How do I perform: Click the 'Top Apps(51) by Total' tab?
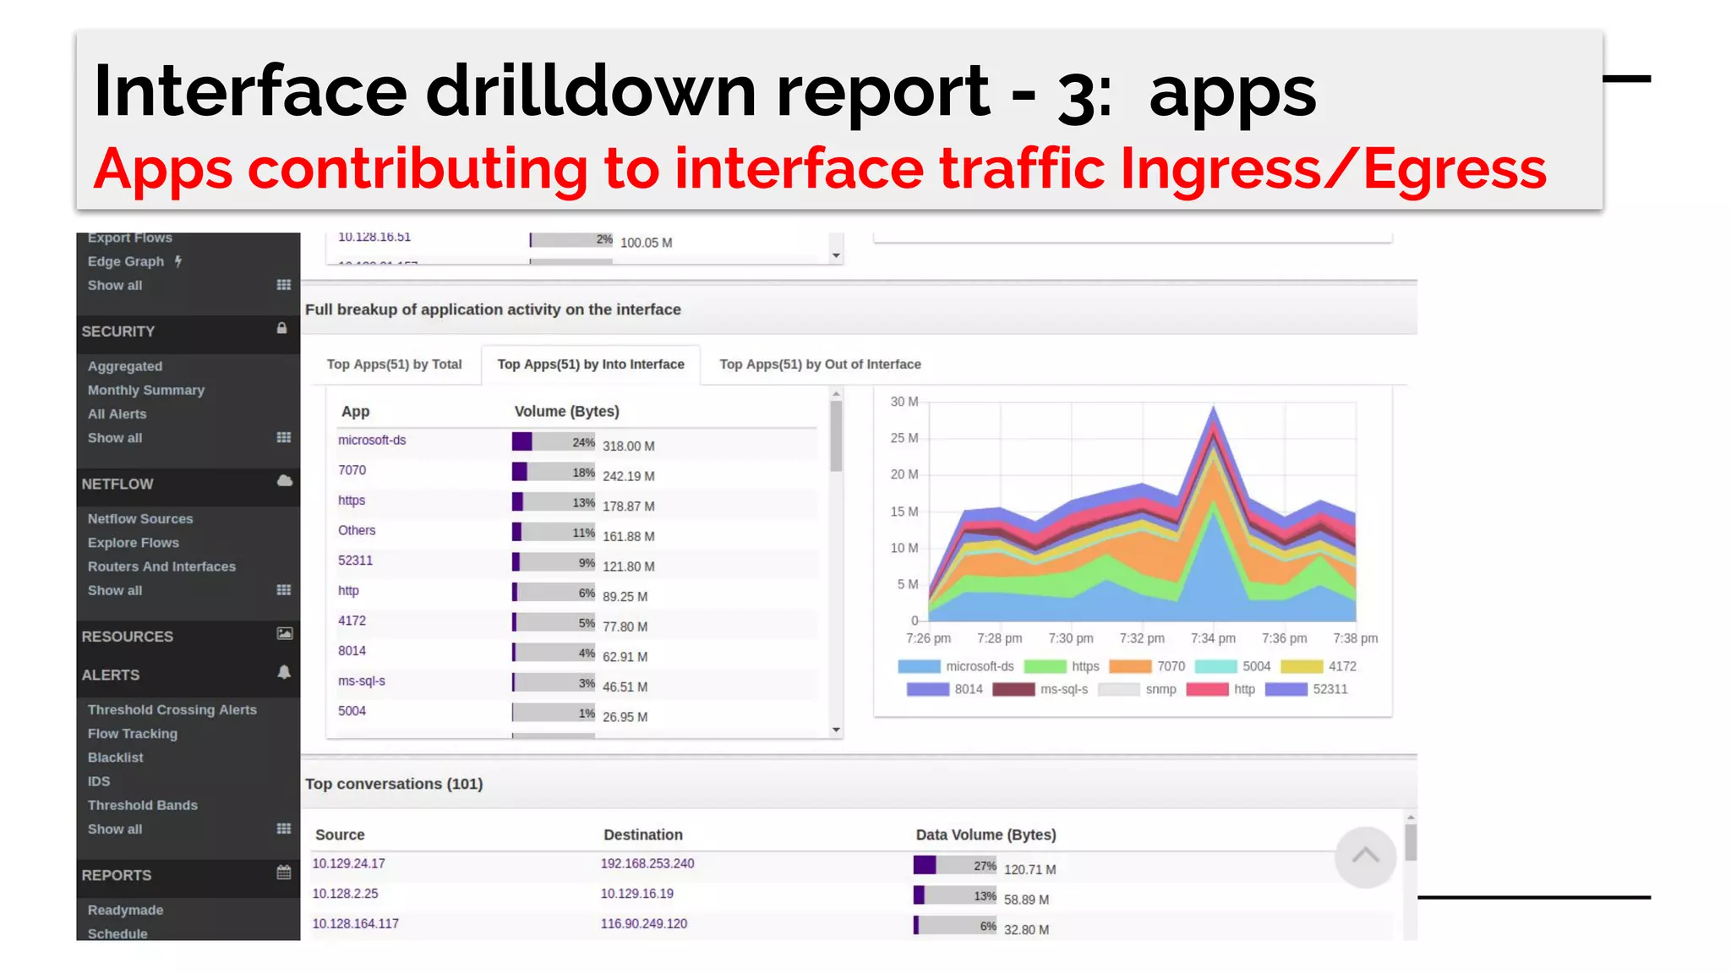click(394, 364)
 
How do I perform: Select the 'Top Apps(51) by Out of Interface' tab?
click(820, 364)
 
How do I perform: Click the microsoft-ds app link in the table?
click(372, 440)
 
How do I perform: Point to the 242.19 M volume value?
click(628, 476)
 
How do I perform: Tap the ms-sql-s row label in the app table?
click(362, 681)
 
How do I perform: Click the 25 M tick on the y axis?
click(904, 438)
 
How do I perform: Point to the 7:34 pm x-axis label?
click(1213, 638)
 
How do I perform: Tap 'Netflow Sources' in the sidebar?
click(140, 519)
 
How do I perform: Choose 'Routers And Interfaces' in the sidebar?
click(161, 566)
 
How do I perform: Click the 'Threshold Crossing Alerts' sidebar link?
click(172, 710)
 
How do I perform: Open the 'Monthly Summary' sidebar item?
click(146, 391)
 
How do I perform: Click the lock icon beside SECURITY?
click(282, 328)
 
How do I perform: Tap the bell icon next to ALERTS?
click(284, 672)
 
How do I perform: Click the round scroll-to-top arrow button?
click(1365, 856)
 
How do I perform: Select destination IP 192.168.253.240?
click(647, 863)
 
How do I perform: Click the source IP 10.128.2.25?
click(346, 894)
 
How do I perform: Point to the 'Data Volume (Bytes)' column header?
click(986, 834)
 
